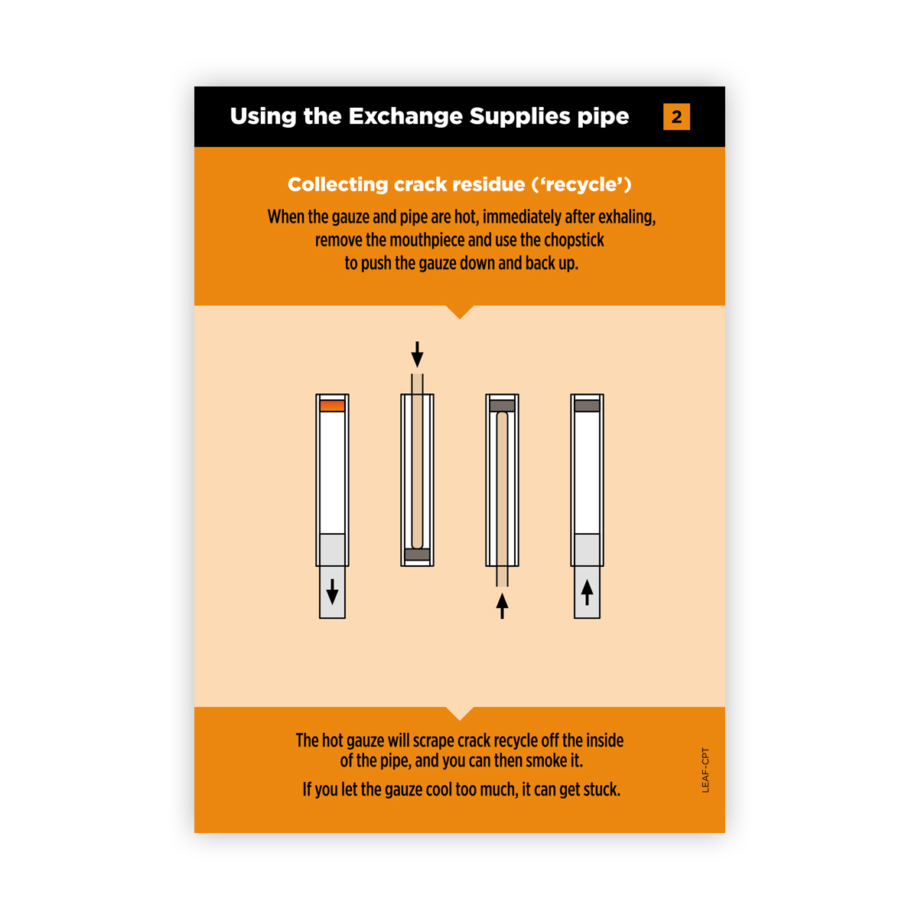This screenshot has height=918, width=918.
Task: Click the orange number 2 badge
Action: pyautogui.click(x=676, y=117)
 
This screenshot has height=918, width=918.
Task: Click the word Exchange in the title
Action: pyautogui.click(x=405, y=116)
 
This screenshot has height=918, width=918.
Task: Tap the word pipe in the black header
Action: pyautogui.click(x=604, y=117)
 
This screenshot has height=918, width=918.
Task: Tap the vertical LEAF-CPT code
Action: pyautogui.click(x=705, y=770)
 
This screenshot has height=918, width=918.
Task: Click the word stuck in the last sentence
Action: pyautogui.click(x=601, y=789)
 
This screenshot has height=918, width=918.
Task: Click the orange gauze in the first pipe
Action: pyautogui.click(x=332, y=405)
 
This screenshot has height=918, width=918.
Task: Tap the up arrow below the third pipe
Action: pyautogui.click(x=502, y=605)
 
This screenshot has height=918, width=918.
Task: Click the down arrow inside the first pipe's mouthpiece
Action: pyautogui.click(x=332, y=591)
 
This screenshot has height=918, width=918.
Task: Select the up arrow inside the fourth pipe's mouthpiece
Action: pyautogui.click(x=587, y=592)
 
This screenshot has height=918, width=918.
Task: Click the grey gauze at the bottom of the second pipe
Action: pyautogui.click(x=417, y=554)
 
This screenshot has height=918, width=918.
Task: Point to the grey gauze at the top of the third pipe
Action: pyautogui.click(x=502, y=405)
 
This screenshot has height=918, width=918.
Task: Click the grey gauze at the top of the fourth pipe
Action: pyautogui.click(x=587, y=405)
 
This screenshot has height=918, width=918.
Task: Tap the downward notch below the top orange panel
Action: pyautogui.click(x=460, y=311)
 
